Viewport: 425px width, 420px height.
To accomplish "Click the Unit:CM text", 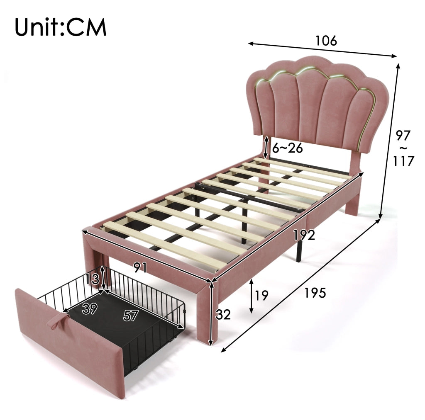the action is [61, 27].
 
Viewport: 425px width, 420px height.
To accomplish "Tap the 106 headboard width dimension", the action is [326, 41].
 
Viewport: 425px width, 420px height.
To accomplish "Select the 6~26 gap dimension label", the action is [287, 148].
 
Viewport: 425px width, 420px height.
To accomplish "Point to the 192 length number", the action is [304, 235].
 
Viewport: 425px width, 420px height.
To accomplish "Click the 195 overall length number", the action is [315, 293].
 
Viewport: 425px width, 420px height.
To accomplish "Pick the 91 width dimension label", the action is [140, 267].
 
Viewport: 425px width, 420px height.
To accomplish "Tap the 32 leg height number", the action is [223, 314].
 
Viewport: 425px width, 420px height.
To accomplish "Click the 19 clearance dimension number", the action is [261, 295].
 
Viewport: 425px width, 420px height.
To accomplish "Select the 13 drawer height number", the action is [93, 279].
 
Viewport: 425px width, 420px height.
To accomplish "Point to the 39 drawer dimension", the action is [90, 309].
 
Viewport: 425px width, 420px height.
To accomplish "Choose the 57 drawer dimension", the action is [131, 316].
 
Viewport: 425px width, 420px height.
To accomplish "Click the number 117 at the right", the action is [403, 161].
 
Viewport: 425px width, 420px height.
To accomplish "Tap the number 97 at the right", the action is [403, 136].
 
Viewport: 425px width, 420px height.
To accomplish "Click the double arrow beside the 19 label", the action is [252, 296].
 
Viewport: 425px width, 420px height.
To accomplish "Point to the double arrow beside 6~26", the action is [266, 148].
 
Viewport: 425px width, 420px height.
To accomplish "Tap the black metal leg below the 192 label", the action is [299, 251].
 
